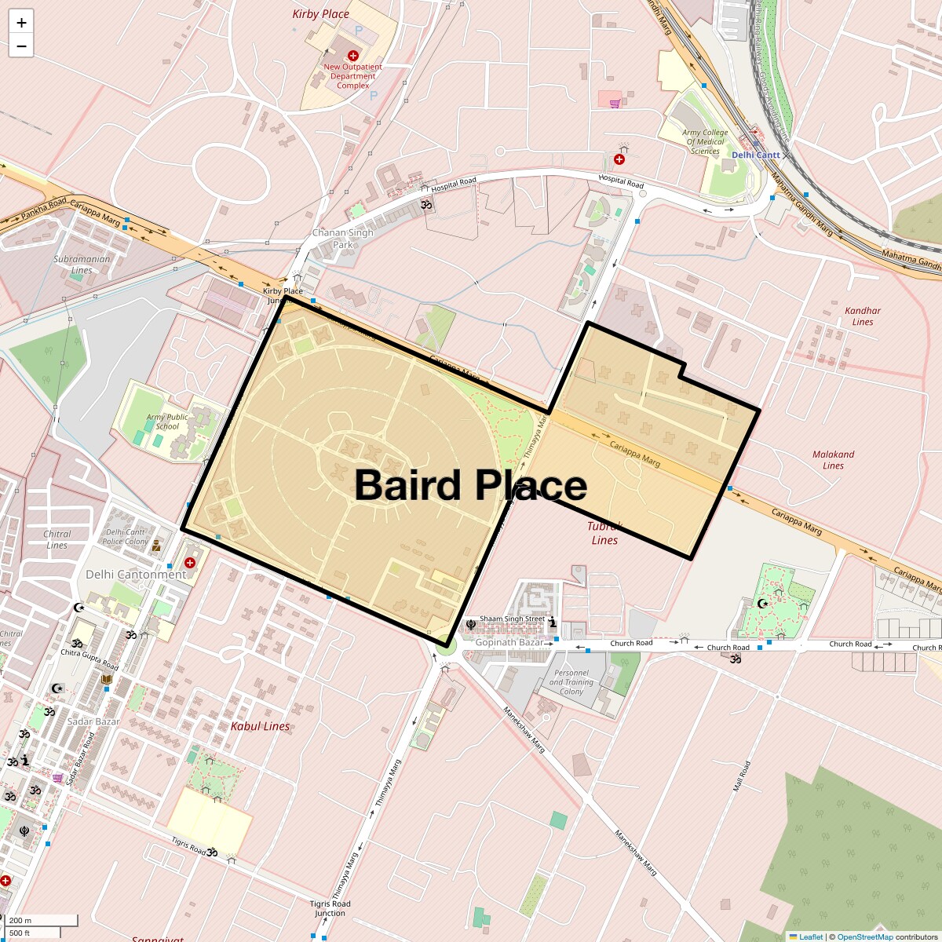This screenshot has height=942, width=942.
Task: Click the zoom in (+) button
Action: (x=21, y=23)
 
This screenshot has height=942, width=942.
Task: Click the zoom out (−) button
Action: (x=21, y=46)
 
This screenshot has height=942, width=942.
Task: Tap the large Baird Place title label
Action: (x=471, y=485)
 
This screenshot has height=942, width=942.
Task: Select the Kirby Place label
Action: (x=320, y=14)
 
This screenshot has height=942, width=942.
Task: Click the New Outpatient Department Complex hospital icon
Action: (x=353, y=56)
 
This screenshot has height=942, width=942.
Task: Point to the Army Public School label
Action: (x=167, y=422)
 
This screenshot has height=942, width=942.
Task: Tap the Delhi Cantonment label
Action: (x=136, y=575)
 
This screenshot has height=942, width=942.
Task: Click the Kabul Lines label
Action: (x=260, y=727)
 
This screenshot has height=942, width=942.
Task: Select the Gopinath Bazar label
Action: (x=509, y=642)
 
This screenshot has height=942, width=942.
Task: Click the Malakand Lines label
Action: (x=833, y=460)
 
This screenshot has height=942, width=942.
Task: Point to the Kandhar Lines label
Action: (x=863, y=316)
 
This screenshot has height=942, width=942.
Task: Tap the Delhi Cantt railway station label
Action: (x=755, y=155)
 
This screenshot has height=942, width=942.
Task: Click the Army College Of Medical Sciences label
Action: (x=705, y=142)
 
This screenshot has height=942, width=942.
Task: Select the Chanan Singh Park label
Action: (x=343, y=239)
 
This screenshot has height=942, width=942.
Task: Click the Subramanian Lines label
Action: (x=82, y=265)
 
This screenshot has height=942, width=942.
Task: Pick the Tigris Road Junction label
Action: (x=330, y=908)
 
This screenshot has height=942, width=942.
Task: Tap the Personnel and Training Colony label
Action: (x=571, y=682)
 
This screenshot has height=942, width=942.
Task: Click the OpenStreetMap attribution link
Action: (x=864, y=937)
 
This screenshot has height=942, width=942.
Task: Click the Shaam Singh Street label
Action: (x=512, y=619)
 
